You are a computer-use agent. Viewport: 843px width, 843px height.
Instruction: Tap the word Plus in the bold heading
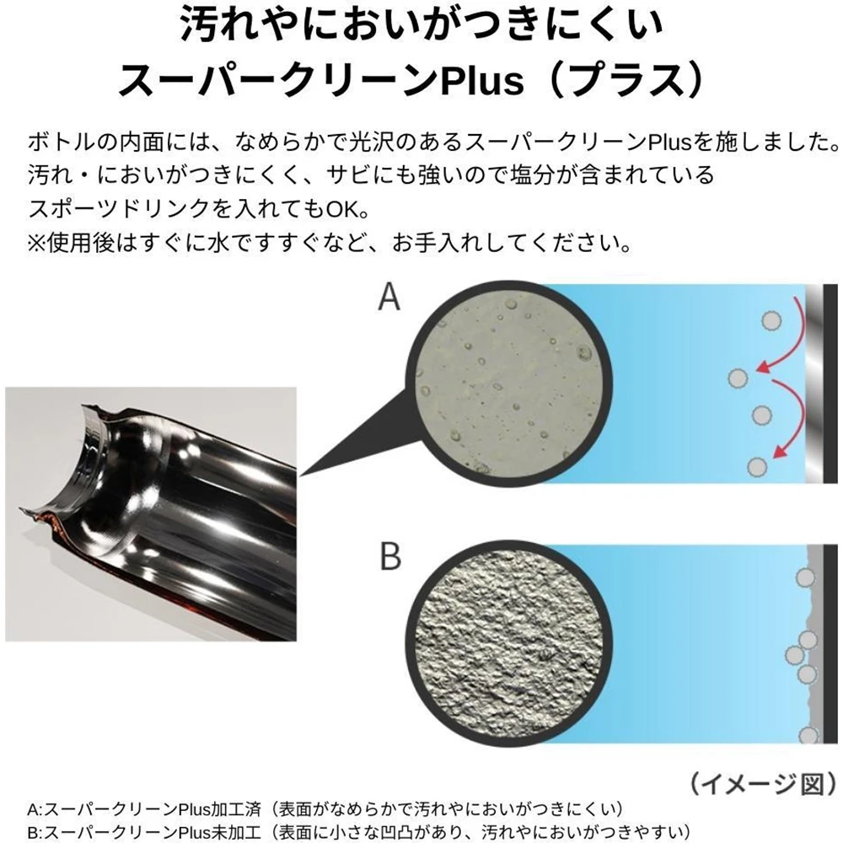[481, 81]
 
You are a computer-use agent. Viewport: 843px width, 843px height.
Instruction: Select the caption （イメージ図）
[763, 784]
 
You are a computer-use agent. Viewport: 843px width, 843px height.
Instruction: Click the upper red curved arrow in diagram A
[788, 339]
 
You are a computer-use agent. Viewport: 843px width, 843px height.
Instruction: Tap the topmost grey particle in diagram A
[771, 321]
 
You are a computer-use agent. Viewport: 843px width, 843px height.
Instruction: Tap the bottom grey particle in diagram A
[757, 467]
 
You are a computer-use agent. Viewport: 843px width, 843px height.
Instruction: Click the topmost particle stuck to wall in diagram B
[805, 577]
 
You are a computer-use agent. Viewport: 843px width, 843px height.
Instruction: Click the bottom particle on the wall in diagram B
[808, 735]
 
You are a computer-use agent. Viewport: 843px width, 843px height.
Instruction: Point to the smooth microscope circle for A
[508, 383]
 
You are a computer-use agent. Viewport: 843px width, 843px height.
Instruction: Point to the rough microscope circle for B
[508, 644]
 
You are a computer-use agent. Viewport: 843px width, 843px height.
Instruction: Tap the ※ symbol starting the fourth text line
[37, 244]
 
